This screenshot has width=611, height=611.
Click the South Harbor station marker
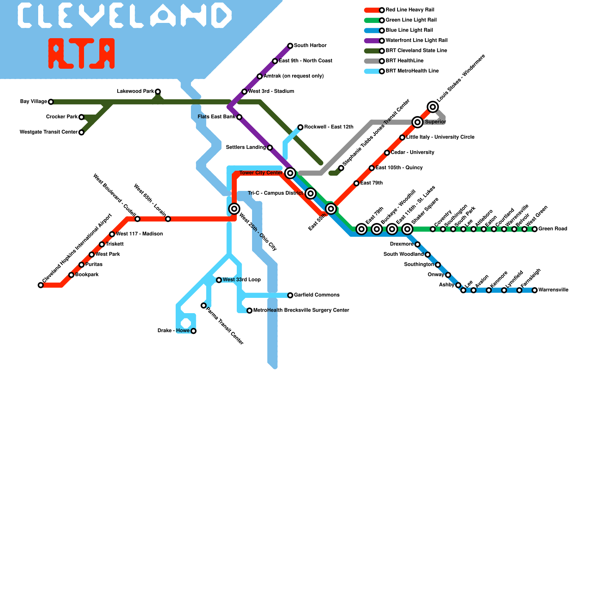[290, 46]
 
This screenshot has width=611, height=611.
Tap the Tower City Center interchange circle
[290, 173]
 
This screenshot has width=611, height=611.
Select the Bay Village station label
[34, 102]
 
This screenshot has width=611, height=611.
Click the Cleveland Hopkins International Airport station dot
[40, 285]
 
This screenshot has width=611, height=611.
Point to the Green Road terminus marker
[535, 229]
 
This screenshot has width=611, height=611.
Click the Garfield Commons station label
[317, 295]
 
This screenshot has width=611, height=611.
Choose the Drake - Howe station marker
[194, 331]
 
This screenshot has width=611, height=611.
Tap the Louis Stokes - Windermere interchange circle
[433, 107]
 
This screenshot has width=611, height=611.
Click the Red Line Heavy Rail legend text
[410, 10]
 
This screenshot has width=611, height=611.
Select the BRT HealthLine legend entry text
[404, 61]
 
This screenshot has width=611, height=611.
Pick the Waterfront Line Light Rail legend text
[417, 40]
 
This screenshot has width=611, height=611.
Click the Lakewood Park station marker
[158, 92]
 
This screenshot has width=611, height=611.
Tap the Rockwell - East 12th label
[329, 127]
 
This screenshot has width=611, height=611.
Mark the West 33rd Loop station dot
[219, 280]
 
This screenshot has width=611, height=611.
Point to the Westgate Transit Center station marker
[81, 133]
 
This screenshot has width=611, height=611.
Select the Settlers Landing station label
[246, 147]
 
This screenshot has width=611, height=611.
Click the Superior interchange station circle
[417, 122]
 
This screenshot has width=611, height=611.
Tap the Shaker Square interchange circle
[407, 229]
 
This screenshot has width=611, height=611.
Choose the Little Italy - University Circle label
[440, 137]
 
